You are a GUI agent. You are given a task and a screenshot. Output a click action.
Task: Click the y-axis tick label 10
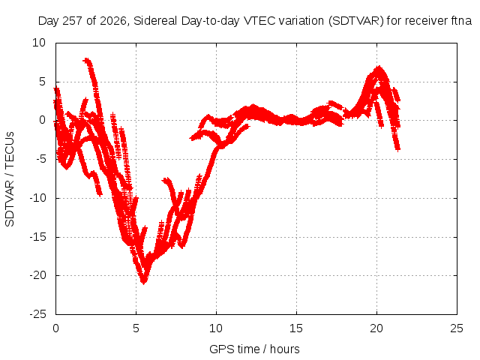(x=39, y=43)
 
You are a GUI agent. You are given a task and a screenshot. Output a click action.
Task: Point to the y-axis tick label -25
(x=38, y=314)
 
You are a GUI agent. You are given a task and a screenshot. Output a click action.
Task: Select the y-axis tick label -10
(x=38, y=198)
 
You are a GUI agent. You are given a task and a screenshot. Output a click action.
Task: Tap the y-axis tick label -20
(x=38, y=275)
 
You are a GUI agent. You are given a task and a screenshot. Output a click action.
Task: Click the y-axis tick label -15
(x=38, y=237)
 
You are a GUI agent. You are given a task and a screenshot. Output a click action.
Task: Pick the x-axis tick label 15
(x=296, y=328)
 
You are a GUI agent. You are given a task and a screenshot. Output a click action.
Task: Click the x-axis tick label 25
(x=457, y=328)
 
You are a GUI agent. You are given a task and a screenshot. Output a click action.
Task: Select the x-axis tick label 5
(x=136, y=328)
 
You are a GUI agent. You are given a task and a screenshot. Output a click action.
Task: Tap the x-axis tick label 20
(x=376, y=328)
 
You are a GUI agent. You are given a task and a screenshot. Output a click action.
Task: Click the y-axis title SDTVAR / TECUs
(x=10, y=179)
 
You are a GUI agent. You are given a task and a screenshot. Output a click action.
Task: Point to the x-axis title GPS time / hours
(x=254, y=349)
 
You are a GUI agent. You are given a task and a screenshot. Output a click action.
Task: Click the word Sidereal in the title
(x=155, y=21)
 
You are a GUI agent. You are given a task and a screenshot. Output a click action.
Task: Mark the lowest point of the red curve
(x=143, y=282)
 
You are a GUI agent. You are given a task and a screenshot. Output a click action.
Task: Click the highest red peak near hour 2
(x=87, y=59)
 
